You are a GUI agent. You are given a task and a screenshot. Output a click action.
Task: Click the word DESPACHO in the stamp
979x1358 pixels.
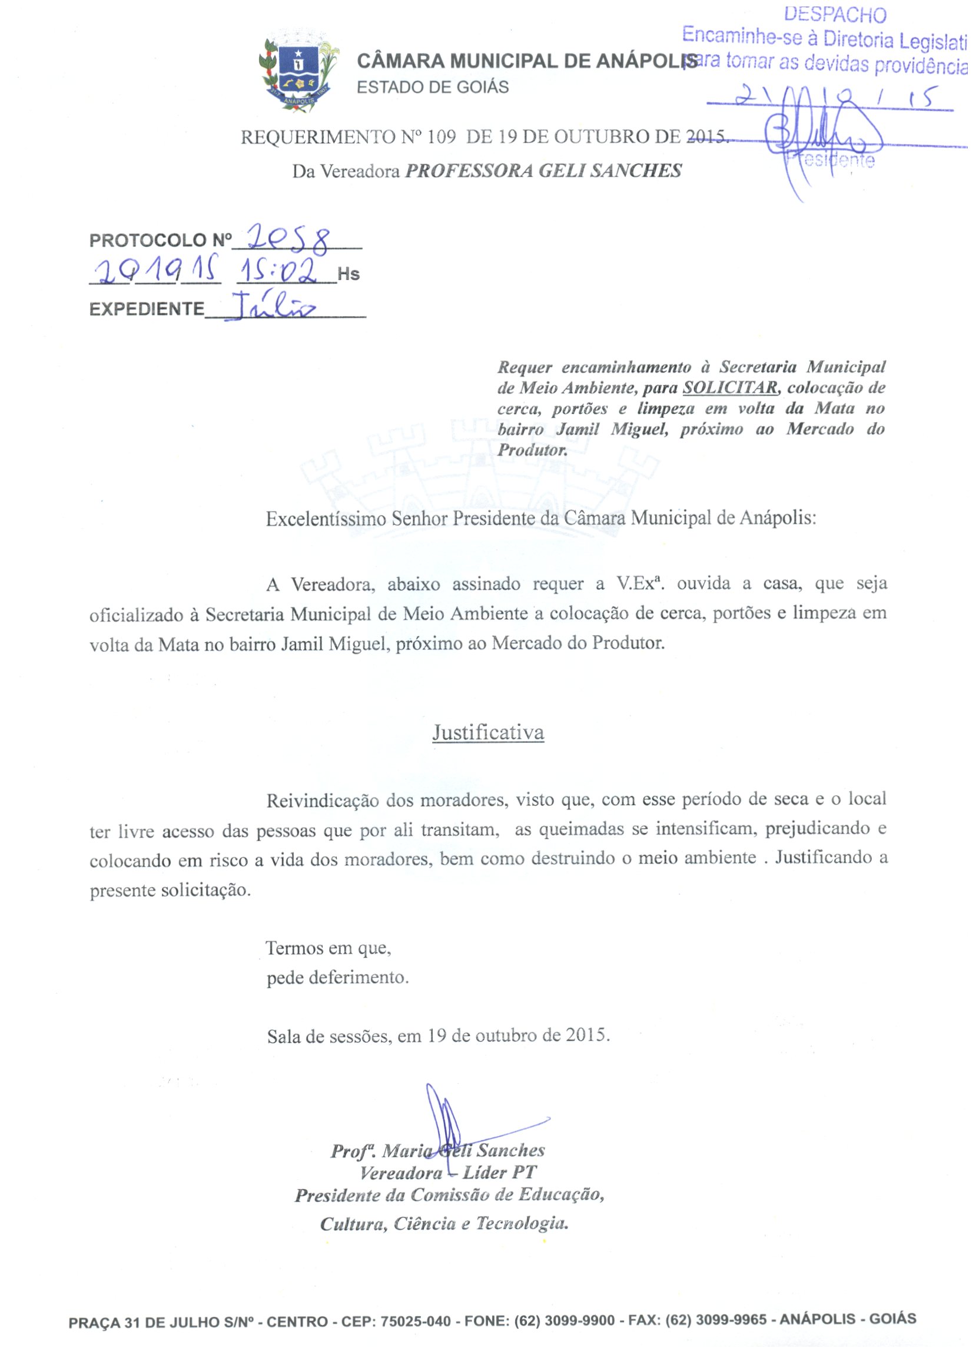pyautogui.click(x=835, y=14)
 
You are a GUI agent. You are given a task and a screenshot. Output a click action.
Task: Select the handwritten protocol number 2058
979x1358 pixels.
pyautogui.click(x=288, y=238)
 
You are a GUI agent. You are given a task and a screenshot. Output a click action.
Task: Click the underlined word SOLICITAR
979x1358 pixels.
pyautogui.click(x=730, y=388)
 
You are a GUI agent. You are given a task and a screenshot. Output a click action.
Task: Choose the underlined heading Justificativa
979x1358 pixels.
pyautogui.click(x=488, y=732)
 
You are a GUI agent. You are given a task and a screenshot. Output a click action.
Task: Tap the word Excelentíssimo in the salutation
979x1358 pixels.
pyautogui.click(x=326, y=519)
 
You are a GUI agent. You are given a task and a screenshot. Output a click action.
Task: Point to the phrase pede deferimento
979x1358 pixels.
pyautogui.click(x=338, y=978)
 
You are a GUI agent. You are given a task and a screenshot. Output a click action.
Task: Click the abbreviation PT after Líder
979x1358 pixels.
pyautogui.click(x=524, y=1172)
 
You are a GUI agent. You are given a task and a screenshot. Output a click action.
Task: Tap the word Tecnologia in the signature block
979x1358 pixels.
pyautogui.click(x=522, y=1223)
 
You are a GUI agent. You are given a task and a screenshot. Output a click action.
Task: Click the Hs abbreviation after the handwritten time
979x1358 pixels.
pyautogui.click(x=349, y=274)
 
